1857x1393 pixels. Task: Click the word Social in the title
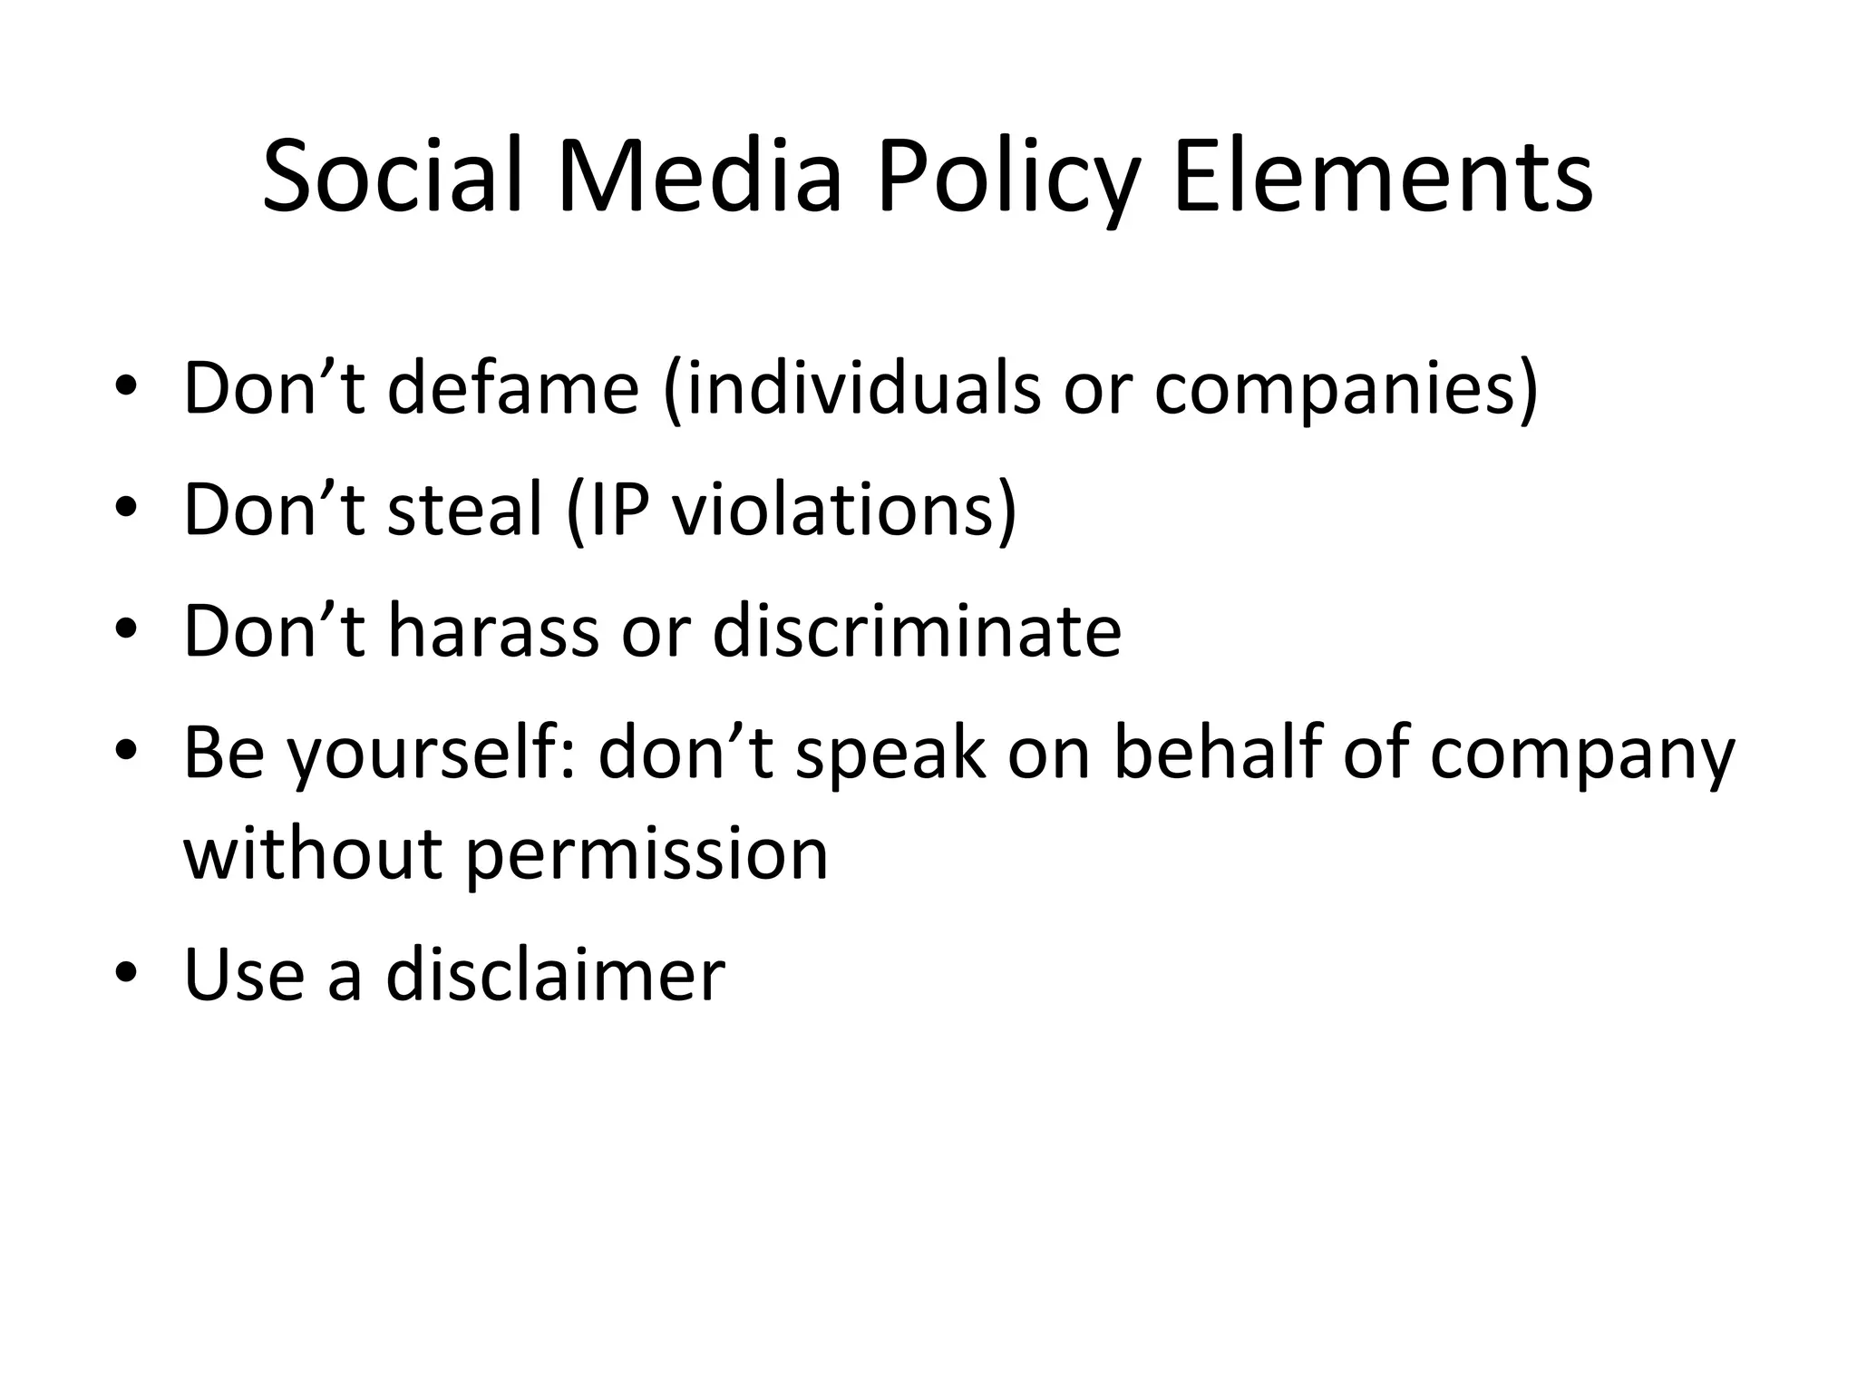(394, 177)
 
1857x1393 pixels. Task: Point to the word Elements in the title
(1382, 177)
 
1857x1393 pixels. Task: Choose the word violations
(834, 510)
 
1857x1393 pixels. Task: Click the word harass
(493, 631)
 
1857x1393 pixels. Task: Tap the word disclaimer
(555, 975)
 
